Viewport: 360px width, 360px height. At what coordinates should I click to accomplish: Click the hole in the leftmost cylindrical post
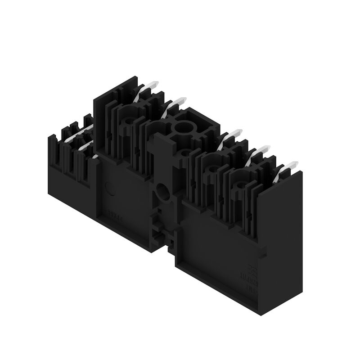pyautogui.click(x=130, y=120)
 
